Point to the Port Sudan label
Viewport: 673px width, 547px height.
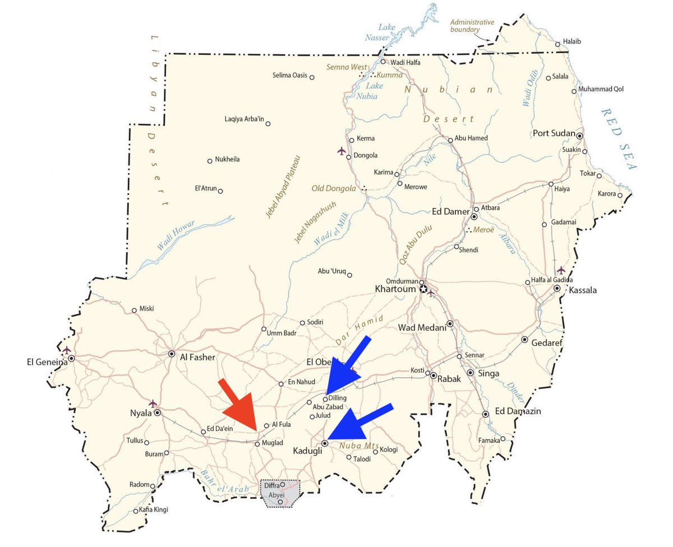pos(554,133)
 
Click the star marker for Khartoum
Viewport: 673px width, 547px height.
pos(424,290)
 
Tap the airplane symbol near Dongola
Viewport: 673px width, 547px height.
pos(341,151)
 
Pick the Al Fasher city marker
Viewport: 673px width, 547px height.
pos(172,354)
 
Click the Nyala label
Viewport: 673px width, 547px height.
pos(141,414)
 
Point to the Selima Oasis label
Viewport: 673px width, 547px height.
pos(290,76)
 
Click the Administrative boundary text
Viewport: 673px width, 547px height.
pos(472,26)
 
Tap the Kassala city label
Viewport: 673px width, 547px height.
pos(583,290)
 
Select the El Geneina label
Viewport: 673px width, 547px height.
pos(47,361)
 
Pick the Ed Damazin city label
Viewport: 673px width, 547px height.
pos(517,411)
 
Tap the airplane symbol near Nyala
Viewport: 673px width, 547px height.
pos(153,403)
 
